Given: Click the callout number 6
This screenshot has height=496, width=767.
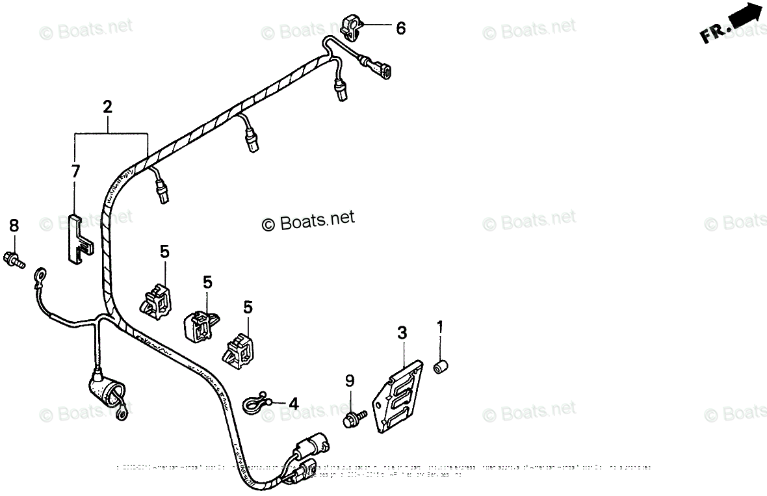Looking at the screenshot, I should pos(400,29).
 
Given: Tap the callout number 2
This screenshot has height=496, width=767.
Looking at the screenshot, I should pos(107,107).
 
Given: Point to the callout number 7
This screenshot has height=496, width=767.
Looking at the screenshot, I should pos(75,172).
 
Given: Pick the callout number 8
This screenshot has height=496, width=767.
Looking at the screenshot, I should pos(14,226).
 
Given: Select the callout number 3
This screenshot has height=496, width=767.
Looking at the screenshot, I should pos(402,334).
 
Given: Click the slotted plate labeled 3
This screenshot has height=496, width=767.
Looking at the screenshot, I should pos(396,398).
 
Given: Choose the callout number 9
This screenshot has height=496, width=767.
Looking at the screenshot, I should pos(350,380).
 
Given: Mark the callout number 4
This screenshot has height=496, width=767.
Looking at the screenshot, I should pos(294,404).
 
